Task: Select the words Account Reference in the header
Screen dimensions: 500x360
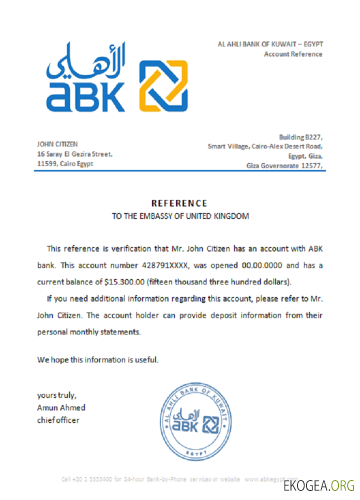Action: (293, 54)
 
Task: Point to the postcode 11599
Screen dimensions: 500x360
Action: (47, 164)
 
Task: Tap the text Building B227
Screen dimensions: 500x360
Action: (300, 137)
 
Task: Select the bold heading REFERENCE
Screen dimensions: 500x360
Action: (179, 203)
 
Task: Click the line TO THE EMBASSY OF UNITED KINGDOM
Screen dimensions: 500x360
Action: (179, 216)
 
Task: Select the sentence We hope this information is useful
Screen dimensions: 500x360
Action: (97, 359)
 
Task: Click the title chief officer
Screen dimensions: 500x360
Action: (58, 420)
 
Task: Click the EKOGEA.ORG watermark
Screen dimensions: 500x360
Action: (318, 485)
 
